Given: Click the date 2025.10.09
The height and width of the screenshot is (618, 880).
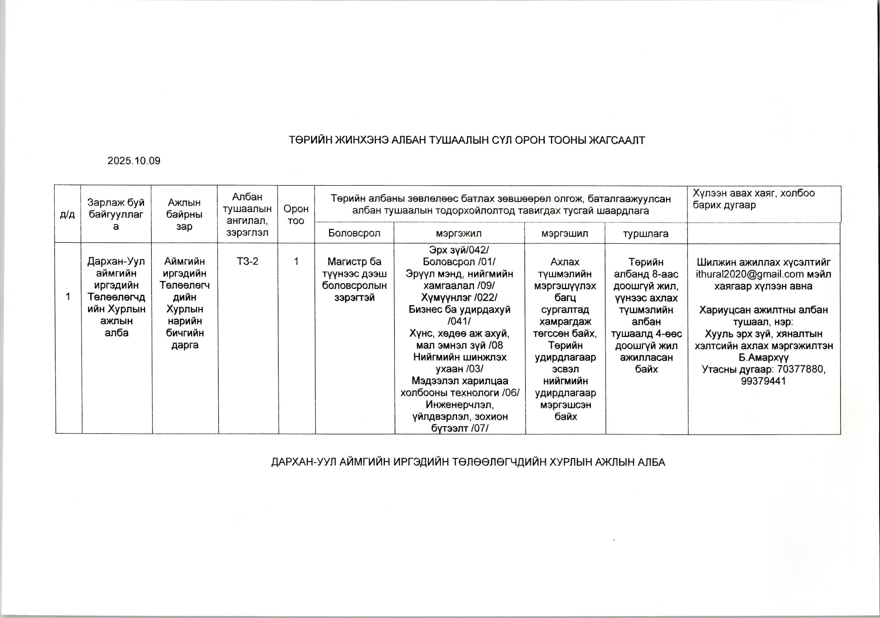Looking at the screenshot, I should [134, 161].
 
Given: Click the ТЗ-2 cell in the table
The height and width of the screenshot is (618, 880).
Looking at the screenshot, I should [247, 261].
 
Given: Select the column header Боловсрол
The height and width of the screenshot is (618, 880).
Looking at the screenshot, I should [354, 233].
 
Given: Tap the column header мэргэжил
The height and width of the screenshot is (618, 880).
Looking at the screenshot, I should [458, 233].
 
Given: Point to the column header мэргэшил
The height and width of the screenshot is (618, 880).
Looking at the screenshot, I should [565, 233].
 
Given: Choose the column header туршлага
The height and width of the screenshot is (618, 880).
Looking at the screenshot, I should [646, 233].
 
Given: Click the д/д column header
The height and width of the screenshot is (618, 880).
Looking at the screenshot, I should [67, 214].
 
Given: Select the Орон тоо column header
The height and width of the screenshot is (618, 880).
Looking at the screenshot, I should [296, 214].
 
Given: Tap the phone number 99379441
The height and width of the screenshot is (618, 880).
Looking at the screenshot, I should [763, 381].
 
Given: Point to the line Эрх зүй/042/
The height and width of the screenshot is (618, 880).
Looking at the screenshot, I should [459, 250].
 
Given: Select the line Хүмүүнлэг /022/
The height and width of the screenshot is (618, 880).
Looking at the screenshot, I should [459, 297].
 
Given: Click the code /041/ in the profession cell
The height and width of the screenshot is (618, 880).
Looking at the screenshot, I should [459, 321].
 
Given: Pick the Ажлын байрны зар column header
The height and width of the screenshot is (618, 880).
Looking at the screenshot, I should [184, 214].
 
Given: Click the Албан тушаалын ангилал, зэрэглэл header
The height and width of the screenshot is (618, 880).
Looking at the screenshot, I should [247, 214].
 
